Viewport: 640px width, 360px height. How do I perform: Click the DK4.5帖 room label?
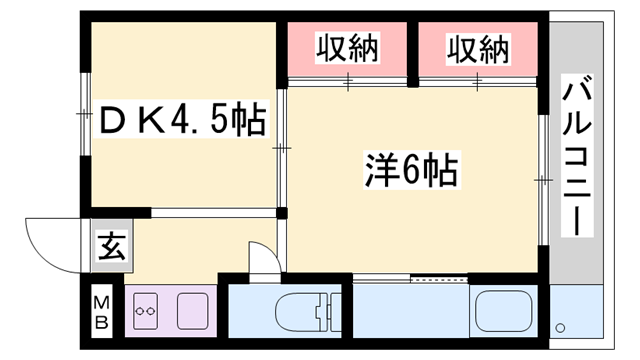(x=180, y=123)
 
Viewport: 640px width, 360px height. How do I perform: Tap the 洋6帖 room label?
(x=409, y=171)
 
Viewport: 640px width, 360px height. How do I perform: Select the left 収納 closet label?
(x=348, y=49)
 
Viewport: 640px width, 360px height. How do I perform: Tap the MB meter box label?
(x=101, y=311)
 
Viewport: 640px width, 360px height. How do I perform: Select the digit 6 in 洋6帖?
(x=409, y=171)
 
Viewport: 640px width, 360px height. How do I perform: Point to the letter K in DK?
(x=149, y=123)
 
